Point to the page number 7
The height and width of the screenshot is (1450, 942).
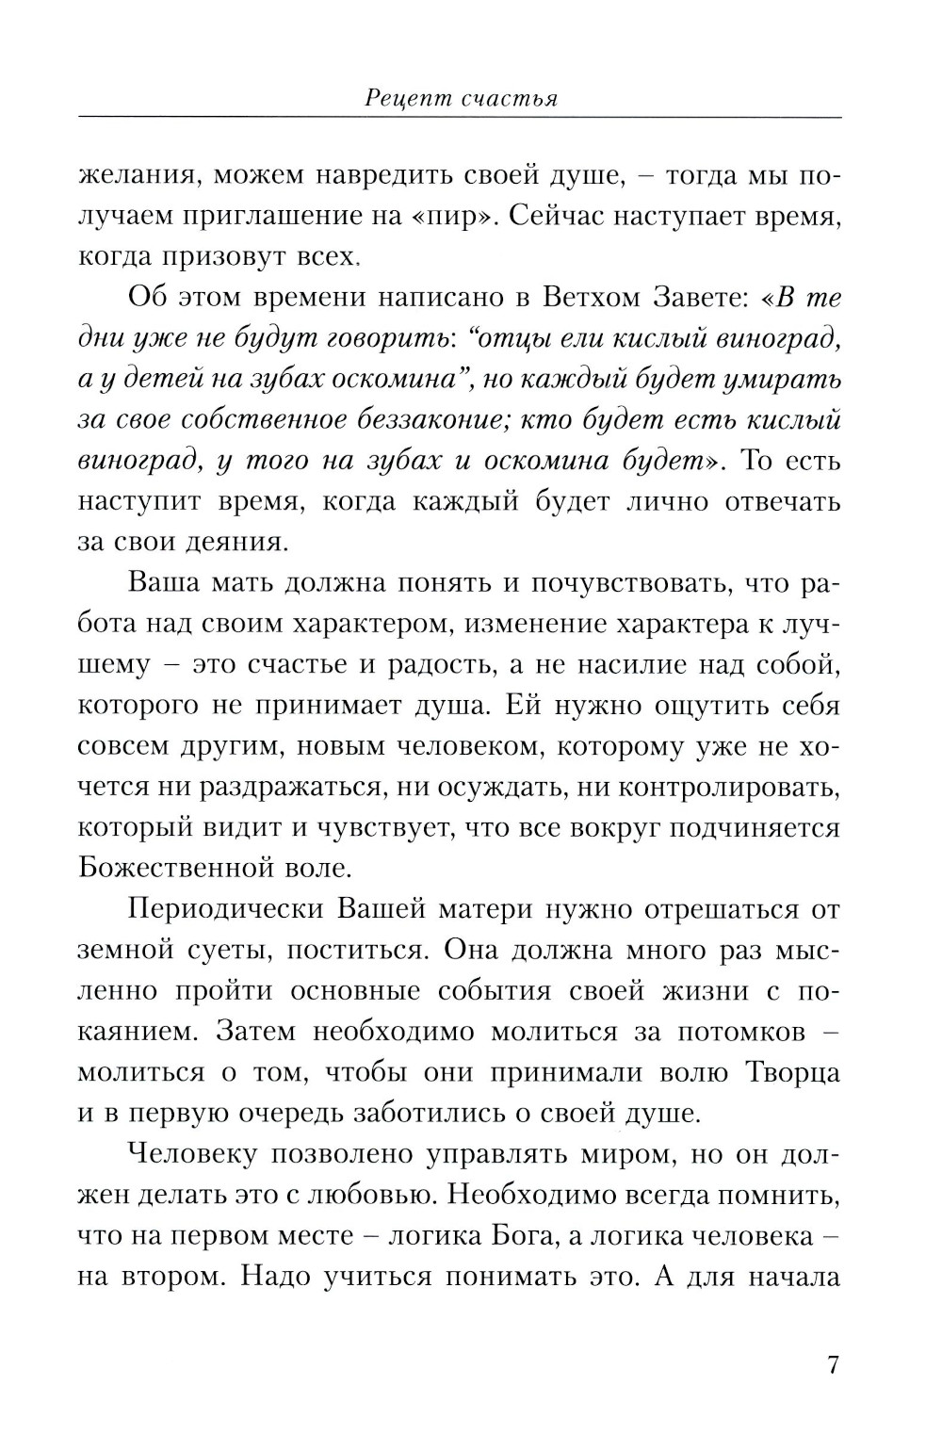[832, 1365]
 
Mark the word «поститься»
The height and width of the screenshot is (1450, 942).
[352, 950]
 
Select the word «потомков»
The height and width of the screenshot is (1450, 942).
[740, 1031]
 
